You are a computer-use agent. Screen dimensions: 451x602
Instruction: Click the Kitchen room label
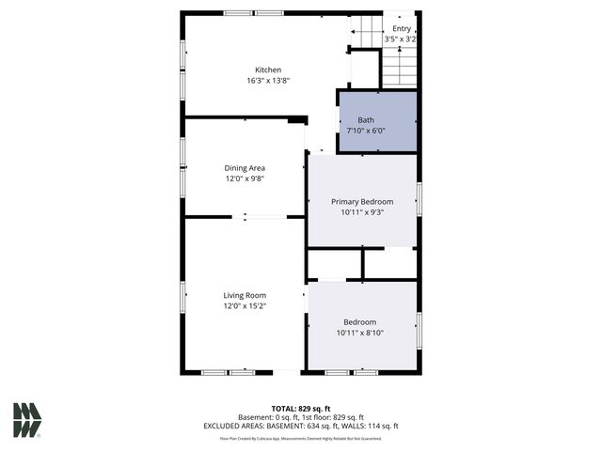click(268, 70)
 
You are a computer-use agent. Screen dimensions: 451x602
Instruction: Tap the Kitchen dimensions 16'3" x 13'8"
click(268, 81)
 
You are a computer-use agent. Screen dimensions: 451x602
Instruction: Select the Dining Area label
click(245, 168)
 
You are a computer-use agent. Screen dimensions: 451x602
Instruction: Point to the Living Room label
click(245, 295)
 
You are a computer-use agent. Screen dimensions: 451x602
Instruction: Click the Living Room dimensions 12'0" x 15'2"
click(245, 306)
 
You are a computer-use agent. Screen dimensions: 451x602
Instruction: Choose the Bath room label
click(366, 119)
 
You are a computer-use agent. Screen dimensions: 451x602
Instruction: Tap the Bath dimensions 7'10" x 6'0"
click(366, 131)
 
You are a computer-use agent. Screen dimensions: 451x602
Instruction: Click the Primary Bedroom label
click(362, 202)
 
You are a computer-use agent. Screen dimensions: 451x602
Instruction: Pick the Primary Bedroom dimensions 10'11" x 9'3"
click(362, 213)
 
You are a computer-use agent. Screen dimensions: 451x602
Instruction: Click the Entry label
click(402, 28)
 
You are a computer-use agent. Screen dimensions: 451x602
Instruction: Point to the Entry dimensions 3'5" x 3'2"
click(402, 39)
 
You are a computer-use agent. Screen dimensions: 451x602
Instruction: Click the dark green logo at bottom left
click(27, 419)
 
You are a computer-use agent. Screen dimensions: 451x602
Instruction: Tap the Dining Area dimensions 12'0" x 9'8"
click(245, 179)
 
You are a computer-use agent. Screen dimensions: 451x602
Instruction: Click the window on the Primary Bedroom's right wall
click(419, 199)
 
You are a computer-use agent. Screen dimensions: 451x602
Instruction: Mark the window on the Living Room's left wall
click(183, 296)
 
